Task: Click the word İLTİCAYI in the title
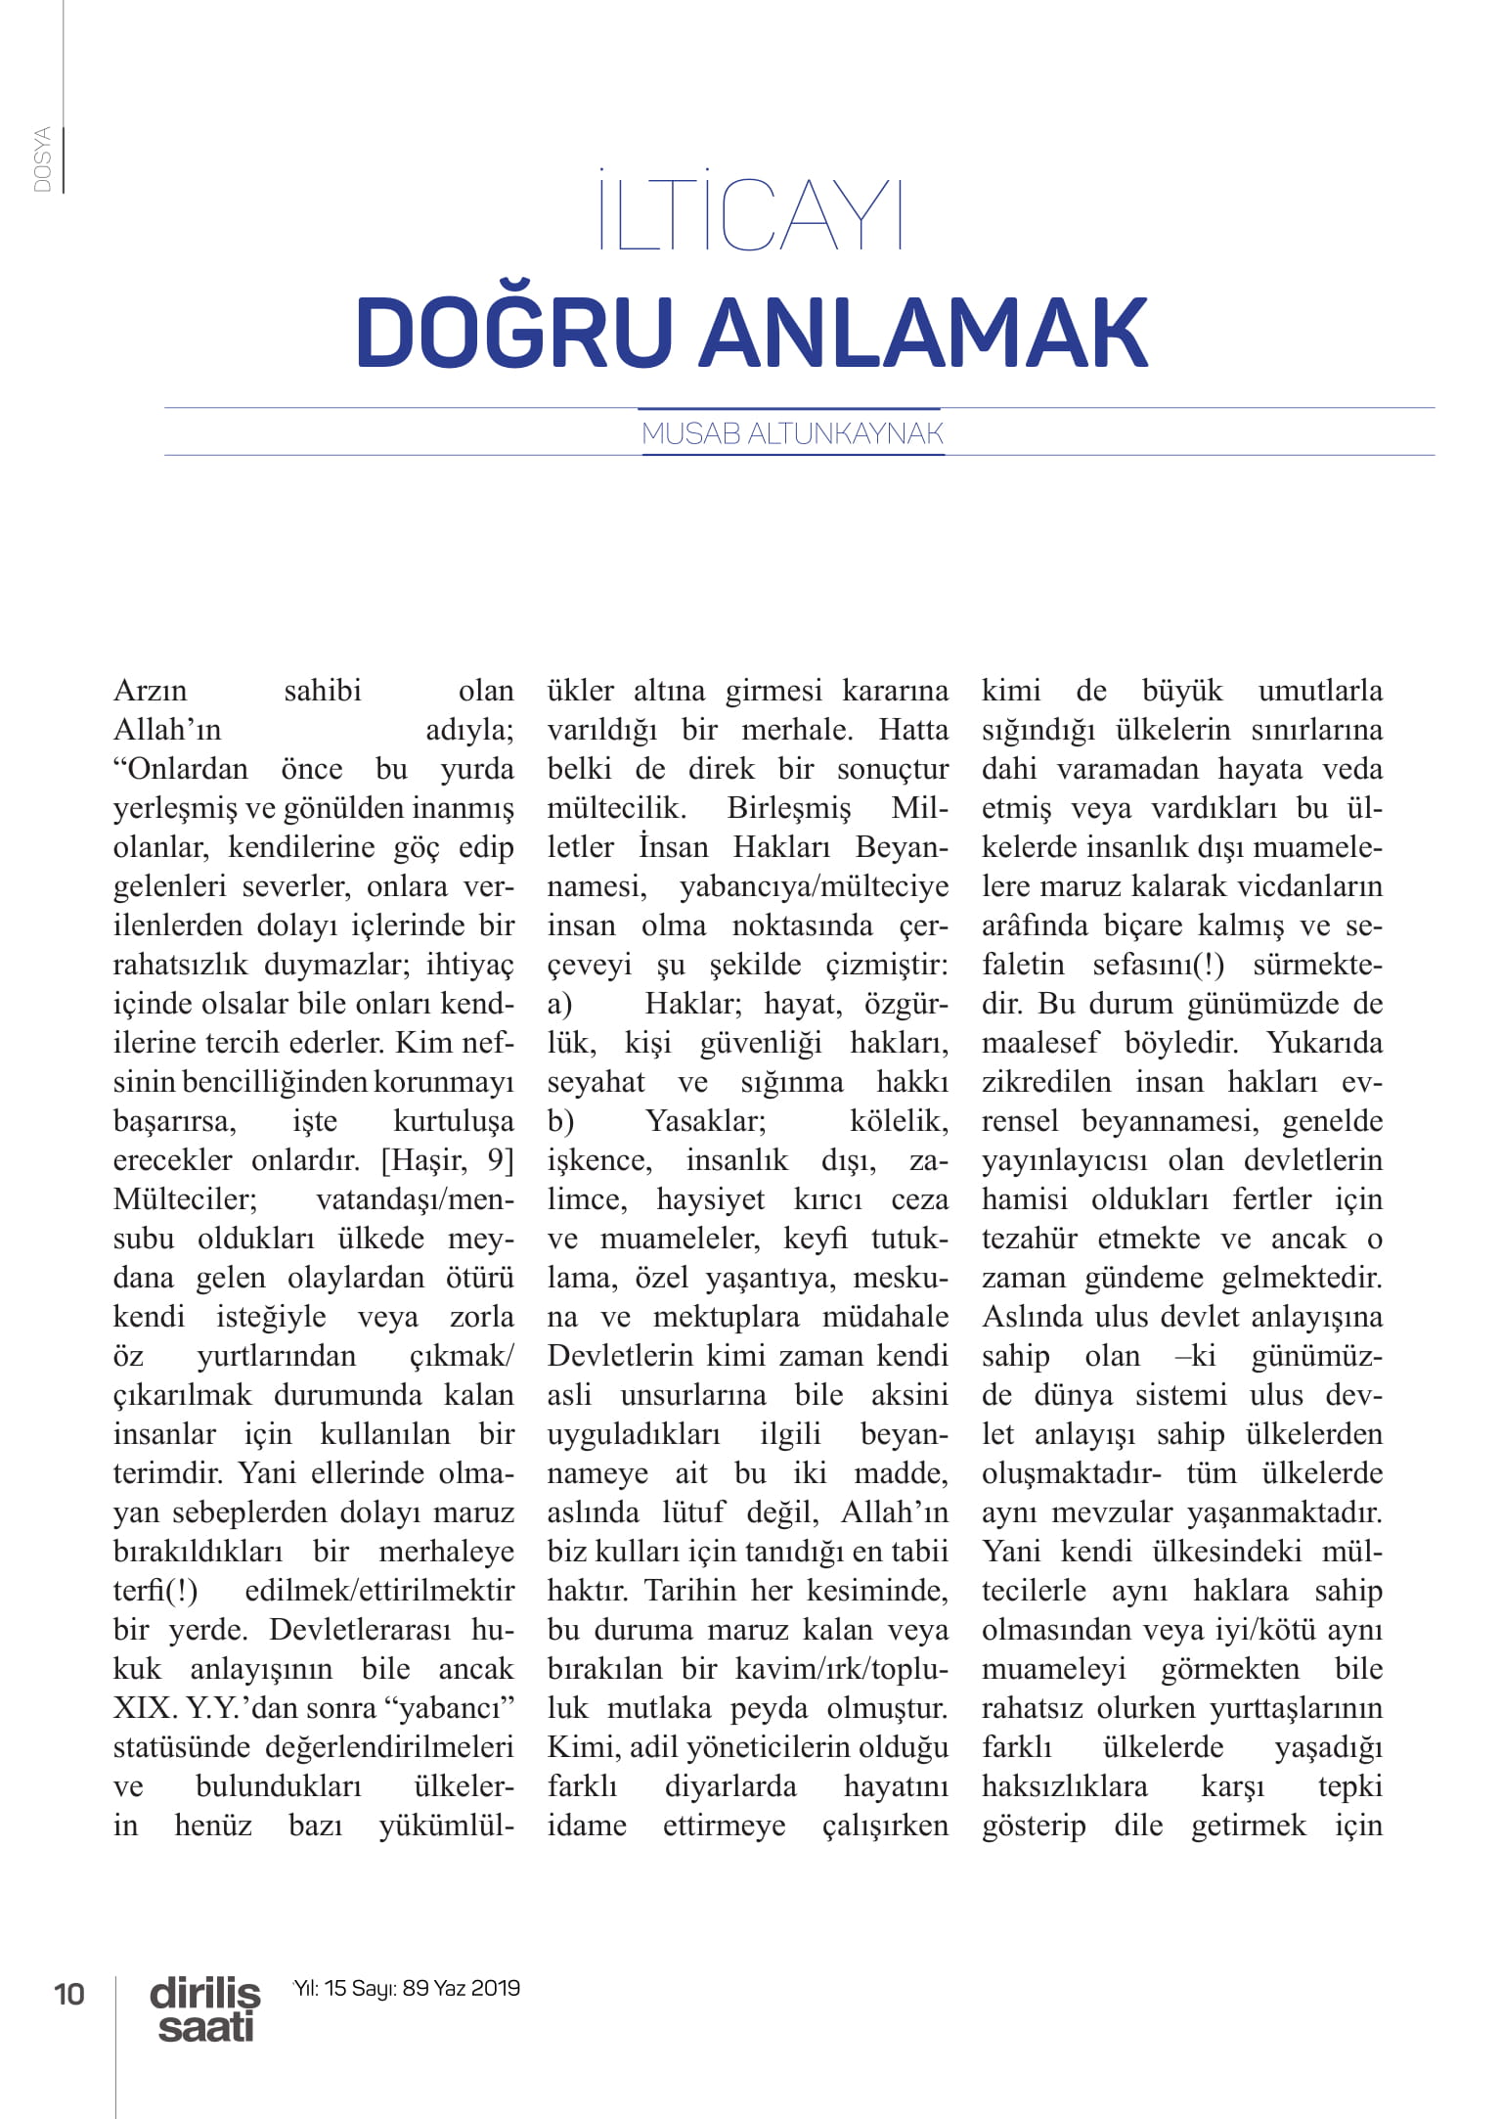point(750,212)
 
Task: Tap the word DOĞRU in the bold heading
point(514,333)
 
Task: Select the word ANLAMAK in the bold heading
point(924,333)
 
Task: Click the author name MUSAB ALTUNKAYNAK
point(792,433)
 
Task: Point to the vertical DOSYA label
point(42,159)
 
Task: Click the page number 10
point(69,1994)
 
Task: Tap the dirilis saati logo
point(205,2008)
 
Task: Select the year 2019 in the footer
point(495,1988)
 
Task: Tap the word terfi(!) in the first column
point(155,1591)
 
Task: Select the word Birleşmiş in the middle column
point(789,808)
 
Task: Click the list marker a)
point(559,1004)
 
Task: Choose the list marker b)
point(560,1121)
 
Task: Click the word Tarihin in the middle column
point(690,1591)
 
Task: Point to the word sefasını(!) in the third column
point(1158,965)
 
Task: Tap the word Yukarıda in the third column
point(1324,1043)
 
